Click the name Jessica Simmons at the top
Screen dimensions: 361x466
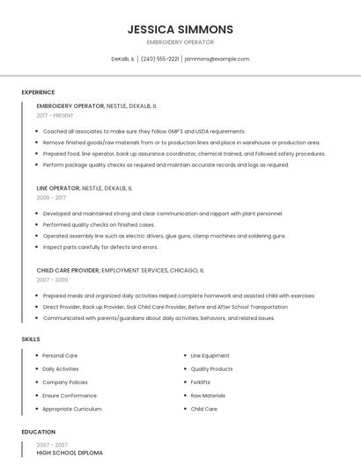180,29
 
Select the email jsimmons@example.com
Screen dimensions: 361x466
217,59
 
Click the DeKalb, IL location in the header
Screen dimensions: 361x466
123,59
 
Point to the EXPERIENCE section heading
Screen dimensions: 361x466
38,92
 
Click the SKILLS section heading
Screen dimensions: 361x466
31,339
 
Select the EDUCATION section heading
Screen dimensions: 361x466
39,432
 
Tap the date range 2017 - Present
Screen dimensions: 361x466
55,115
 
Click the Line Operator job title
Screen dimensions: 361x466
58,188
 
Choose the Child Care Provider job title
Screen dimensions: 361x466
68,271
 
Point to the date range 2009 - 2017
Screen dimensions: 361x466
51,198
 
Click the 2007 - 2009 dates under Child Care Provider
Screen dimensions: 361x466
52,280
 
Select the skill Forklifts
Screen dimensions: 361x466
200,382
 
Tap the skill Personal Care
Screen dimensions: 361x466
60,356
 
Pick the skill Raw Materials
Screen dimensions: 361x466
208,396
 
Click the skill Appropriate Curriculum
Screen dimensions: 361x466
72,409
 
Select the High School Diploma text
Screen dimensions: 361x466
70,453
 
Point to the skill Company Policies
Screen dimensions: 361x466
65,382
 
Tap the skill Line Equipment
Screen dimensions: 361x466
210,356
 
